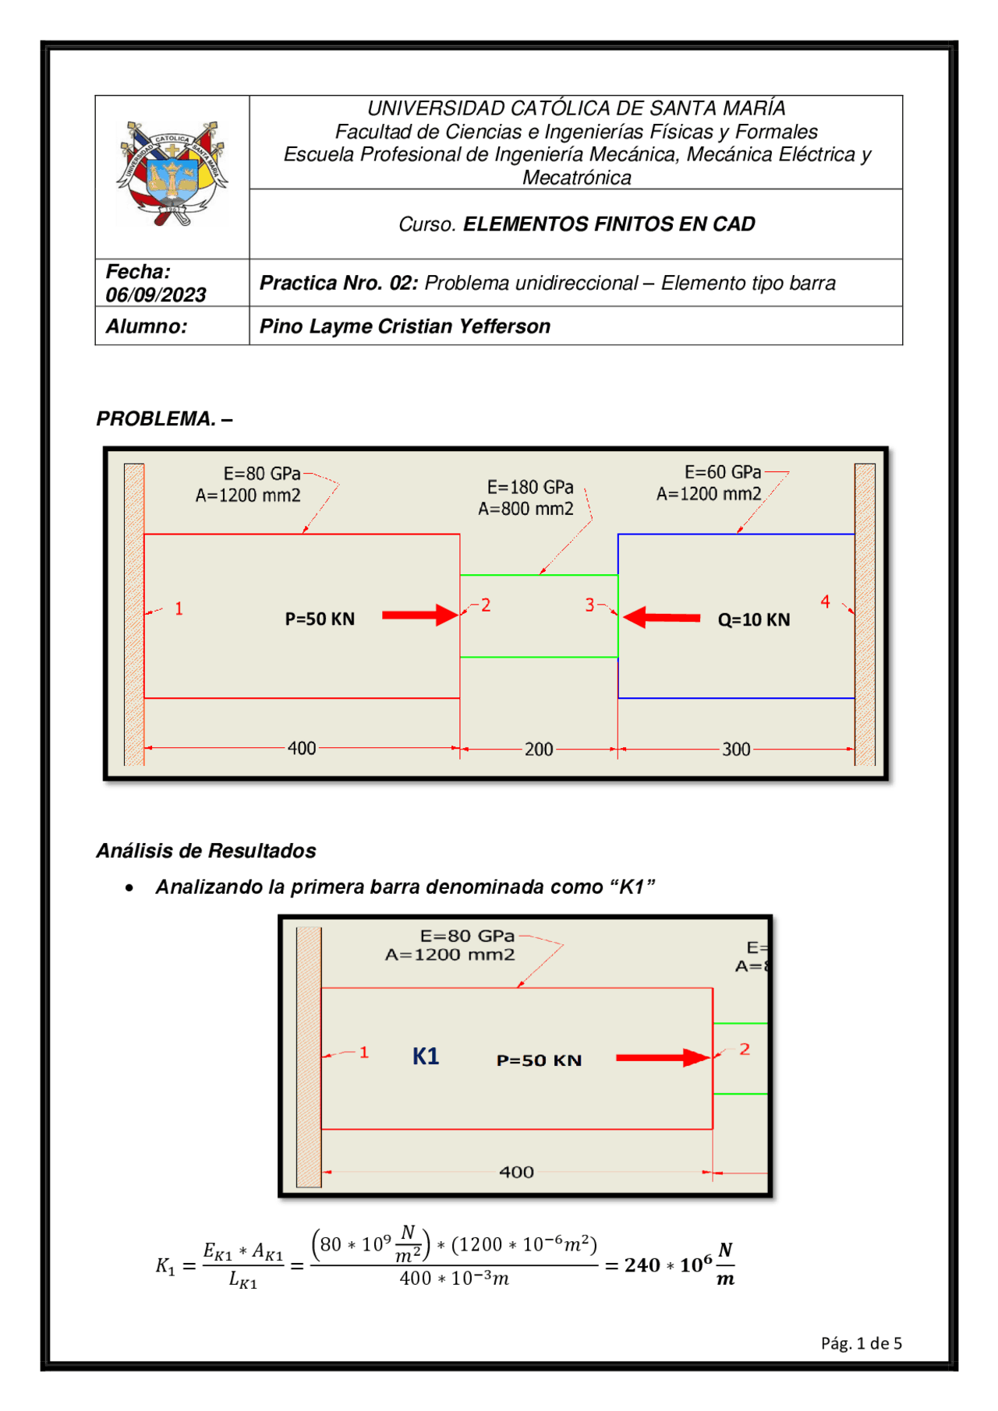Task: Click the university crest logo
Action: tap(172, 173)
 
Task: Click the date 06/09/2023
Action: tap(156, 295)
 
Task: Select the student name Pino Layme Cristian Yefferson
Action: tap(405, 326)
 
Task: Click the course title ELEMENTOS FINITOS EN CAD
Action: tap(609, 224)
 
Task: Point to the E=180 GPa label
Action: tap(530, 487)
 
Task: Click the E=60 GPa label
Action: tap(723, 472)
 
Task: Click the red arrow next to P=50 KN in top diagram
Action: tap(419, 615)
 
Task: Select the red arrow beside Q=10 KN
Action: tap(661, 618)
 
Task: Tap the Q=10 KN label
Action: tap(753, 620)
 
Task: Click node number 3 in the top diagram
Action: tap(589, 605)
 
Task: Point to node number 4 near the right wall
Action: tap(825, 601)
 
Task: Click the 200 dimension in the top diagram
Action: tap(539, 749)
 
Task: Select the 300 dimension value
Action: tap(736, 749)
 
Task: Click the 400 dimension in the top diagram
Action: tap(302, 748)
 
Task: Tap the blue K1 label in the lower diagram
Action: tap(426, 1056)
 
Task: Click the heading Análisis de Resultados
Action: tap(206, 851)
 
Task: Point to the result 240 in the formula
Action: tap(642, 1265)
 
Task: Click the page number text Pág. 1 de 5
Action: tap(861, 1343)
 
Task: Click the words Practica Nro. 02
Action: tap(339, 283)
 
